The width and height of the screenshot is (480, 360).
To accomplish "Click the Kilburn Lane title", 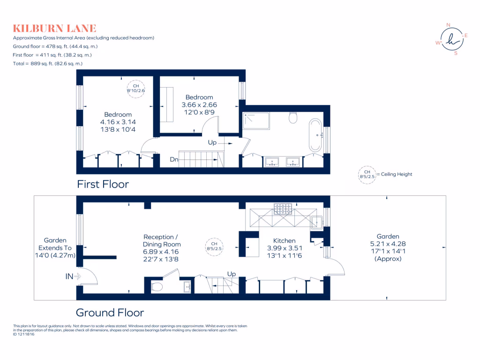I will click(x=54, y=29).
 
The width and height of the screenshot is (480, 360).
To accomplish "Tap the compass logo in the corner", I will click(x=452, y=39).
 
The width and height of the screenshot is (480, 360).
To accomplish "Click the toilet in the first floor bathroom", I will click(x=294, y=118).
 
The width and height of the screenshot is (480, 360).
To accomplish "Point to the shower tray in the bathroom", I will click(x=256, y=121).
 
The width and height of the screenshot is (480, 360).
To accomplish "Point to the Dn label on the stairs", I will click(x=174, y=159).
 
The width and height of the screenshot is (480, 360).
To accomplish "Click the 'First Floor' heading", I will click(x=103, y=184).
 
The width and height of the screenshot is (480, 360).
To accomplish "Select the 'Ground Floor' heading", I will click(x=110, y=312).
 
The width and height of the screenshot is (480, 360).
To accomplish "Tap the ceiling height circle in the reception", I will click(x=214, y=247).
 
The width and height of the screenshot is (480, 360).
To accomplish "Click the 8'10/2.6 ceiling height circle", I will click(x=136, y=89).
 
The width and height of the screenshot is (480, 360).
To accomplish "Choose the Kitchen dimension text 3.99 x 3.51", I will click(x=281, y=248).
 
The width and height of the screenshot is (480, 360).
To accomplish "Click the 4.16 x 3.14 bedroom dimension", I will click(x=118, y=122).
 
